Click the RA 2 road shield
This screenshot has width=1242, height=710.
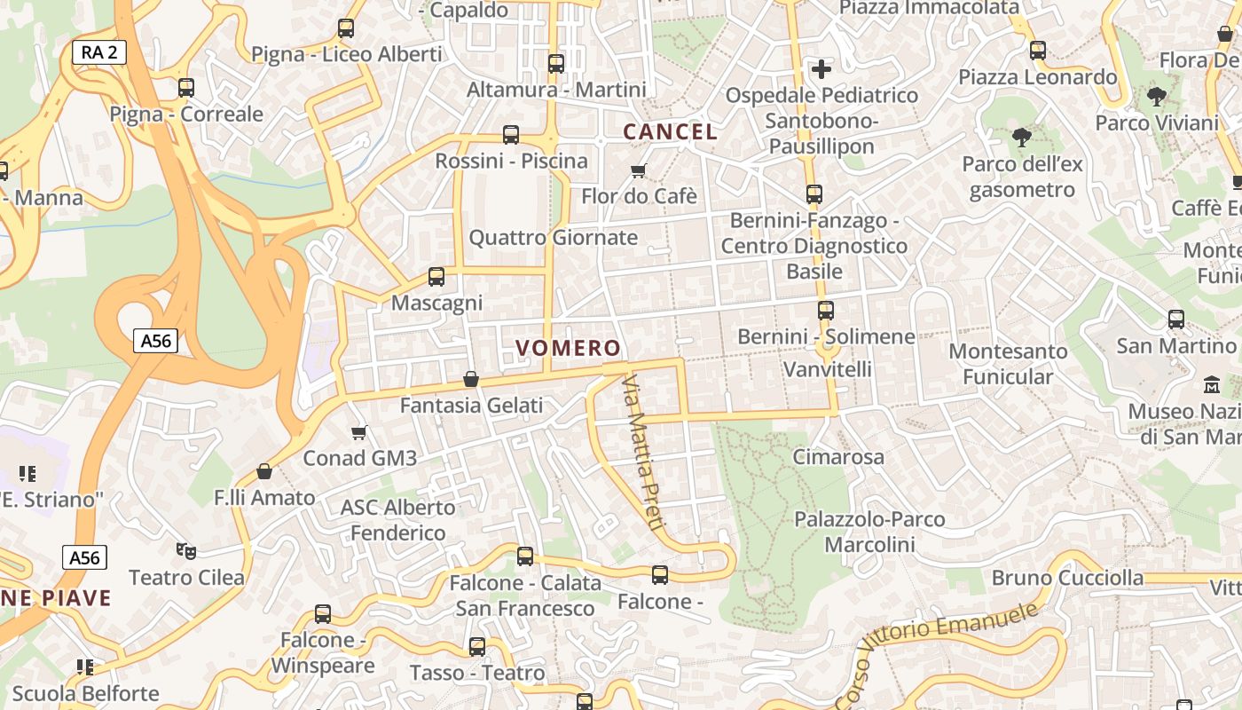(98, 52)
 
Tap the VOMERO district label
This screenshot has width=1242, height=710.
(568, 348)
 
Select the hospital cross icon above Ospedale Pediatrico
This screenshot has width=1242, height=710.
(821, 68)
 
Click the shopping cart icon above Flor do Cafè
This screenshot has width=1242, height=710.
(638, 170)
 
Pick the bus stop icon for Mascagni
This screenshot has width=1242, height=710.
(436, 277)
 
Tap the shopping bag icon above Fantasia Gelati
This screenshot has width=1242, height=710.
(471, 379)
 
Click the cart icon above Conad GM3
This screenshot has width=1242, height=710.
(359, 432)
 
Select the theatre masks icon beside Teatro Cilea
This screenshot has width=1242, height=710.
(185, 551)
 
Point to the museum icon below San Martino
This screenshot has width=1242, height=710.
(1211, 385)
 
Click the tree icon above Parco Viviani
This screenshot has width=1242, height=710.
(1156, 96)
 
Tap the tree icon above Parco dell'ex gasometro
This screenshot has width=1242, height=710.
(1021, 138)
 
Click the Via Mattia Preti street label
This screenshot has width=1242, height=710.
(642, 454)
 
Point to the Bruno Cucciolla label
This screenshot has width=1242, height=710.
(1067, 578)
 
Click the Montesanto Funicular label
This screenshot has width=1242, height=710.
(1008, 364)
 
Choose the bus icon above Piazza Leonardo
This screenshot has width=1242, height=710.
(1038, 51)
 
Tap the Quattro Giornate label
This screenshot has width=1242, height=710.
(553, 237)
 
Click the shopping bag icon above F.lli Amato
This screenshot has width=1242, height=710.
(263, 471)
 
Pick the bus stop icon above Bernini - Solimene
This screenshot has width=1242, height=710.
(826, 311)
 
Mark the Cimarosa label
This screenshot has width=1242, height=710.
(838, 457)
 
